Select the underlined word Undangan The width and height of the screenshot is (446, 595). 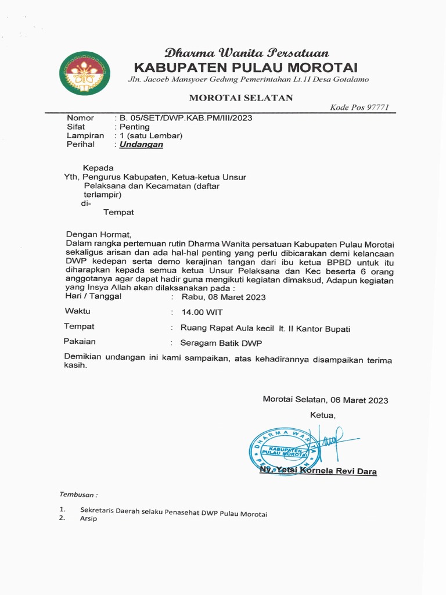tap(141, 145)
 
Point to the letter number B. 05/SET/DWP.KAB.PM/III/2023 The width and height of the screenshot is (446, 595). tap(186, 118)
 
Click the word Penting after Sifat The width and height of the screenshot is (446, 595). tap(134, 127)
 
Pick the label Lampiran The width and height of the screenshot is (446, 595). tap(85, 135)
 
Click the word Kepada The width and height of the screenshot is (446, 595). tap(98, 168)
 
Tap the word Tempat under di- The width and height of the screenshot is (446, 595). tap(118, 213)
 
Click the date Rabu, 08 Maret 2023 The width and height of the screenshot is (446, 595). tap(224, 297)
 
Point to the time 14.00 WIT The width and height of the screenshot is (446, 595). tap(202, 313)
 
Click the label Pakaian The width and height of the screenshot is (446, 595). tap(80, 342)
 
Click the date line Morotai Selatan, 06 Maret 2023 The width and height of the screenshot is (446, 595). tap(325, 400)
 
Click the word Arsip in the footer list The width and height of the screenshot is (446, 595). tap(88, 518)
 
